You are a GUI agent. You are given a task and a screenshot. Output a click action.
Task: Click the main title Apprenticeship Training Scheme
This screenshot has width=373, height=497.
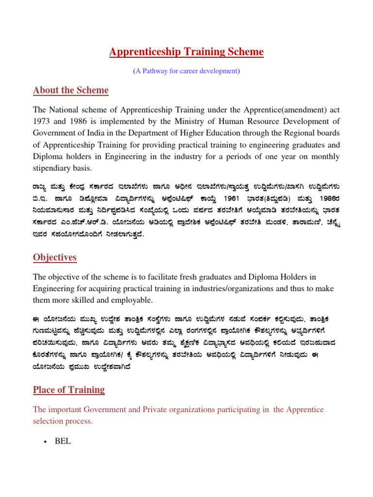186,52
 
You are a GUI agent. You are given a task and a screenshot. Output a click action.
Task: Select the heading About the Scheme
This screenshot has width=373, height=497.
70,91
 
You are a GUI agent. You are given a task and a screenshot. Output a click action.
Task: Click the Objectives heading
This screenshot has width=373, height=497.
54,257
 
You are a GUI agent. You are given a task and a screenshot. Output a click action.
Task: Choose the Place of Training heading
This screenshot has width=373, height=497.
68,390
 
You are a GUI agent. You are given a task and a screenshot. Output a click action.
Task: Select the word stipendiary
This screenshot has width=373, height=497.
54,168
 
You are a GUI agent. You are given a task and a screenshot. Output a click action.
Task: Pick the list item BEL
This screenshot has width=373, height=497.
63,441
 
